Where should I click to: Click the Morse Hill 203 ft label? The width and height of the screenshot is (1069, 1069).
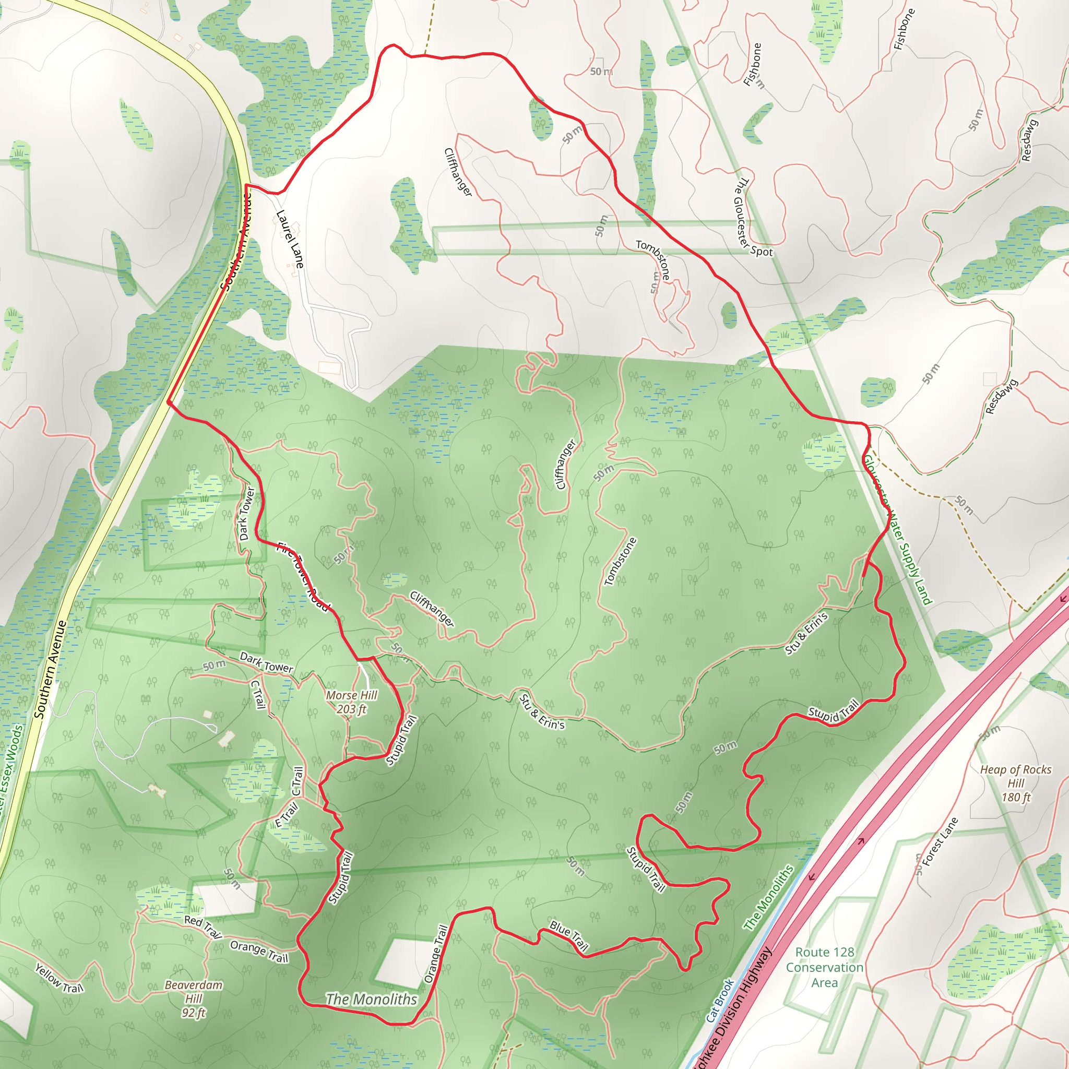click(351, 702)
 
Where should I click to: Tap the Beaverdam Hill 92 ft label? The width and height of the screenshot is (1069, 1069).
click(194, 999)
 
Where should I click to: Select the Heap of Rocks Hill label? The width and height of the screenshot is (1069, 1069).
click(1015, 783)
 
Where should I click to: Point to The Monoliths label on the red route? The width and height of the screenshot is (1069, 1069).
click(371, 999)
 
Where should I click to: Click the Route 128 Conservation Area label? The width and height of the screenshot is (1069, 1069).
click(824, 967)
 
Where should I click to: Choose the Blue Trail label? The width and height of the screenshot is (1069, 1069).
click(569, 935)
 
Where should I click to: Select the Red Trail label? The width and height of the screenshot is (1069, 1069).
click(203, 927)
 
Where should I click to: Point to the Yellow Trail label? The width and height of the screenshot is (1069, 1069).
click(59, 978)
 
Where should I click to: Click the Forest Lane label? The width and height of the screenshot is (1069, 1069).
click(940, 841)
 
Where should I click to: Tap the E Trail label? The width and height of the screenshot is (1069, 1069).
click(287, 814)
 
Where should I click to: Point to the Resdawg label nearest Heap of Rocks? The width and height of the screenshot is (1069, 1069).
click(1002, 397)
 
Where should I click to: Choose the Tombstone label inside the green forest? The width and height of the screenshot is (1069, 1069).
click(620, 561)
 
